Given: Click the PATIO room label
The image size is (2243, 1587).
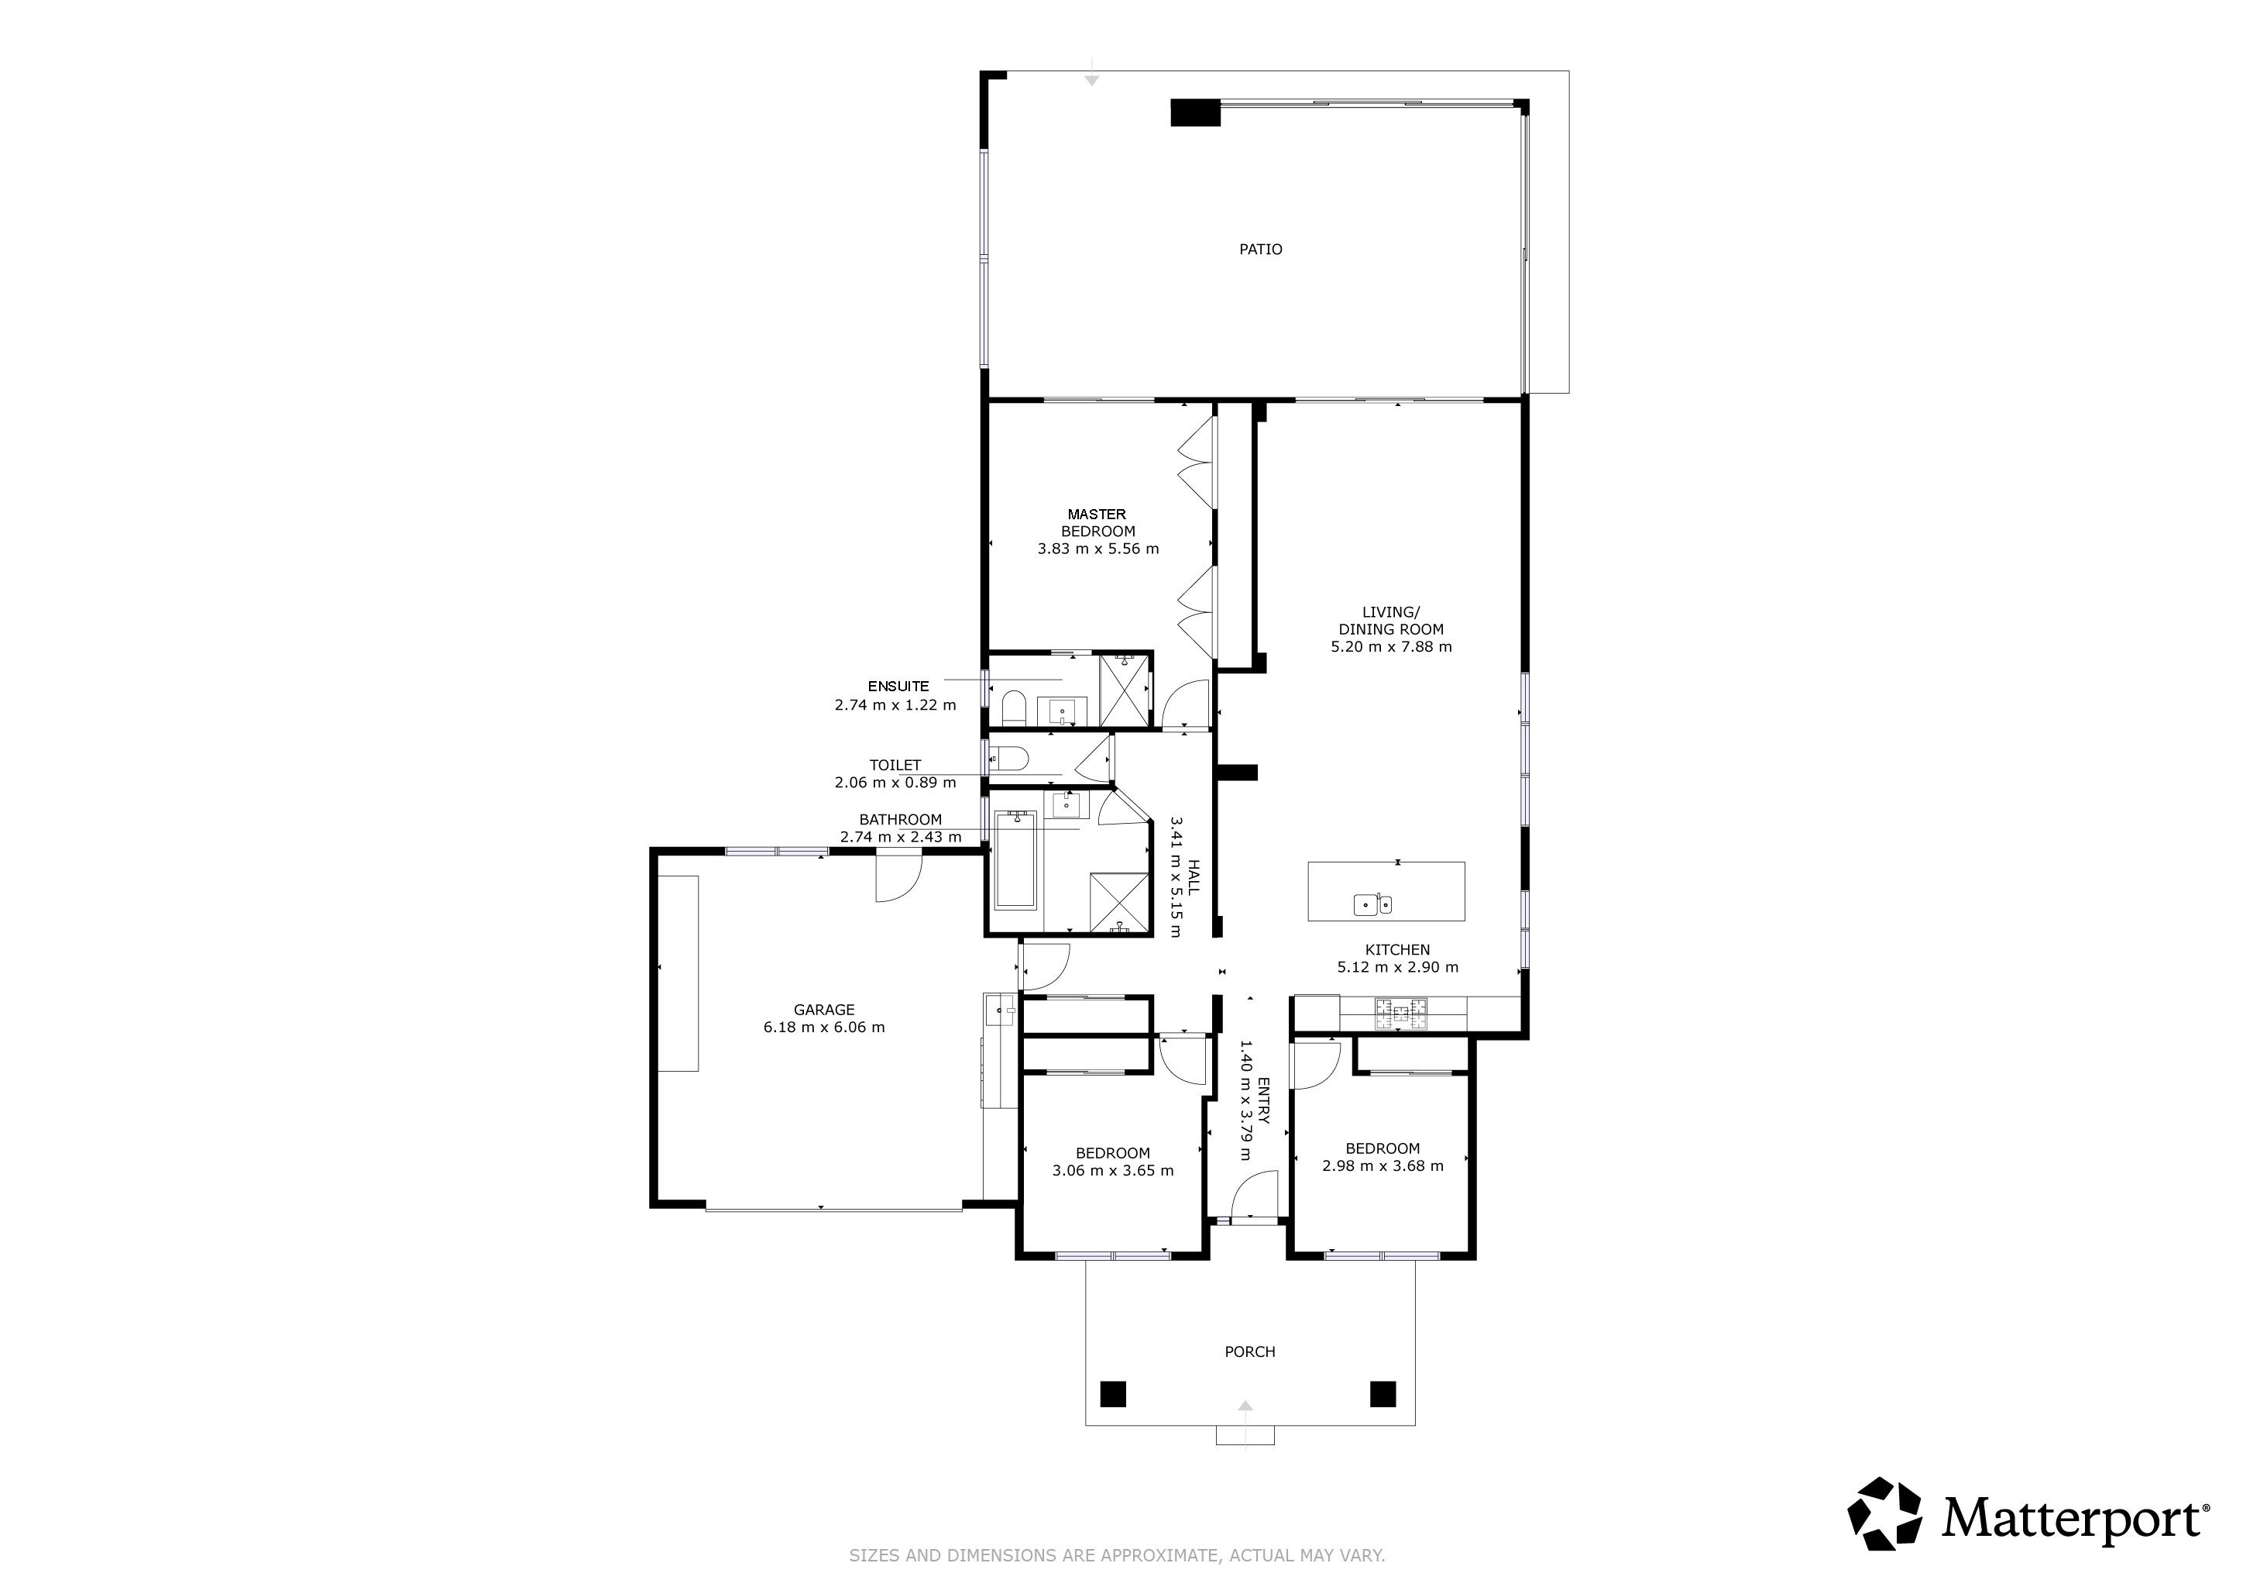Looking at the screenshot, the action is (1260, 250).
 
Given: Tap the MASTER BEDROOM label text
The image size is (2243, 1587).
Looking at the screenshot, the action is (1097, 523).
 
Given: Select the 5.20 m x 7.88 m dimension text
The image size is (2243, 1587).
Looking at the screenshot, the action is (1391, 647).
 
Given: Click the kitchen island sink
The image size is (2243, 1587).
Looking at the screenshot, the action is (1372, 905).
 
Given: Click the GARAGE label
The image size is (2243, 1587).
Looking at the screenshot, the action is (823, 1010).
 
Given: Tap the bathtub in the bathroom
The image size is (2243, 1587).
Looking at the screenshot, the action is (1015, 860).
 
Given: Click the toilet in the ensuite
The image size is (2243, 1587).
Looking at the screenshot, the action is (1013, 707).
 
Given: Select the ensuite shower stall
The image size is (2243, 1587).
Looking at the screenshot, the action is (1124, 690).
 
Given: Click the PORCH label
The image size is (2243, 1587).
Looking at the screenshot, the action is (1249, 1352).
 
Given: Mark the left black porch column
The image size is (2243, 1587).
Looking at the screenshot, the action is (1113, 1393).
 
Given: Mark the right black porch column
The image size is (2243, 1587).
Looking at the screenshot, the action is (1383, 1393).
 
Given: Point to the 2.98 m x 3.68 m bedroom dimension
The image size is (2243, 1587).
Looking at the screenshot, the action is (1383, 1165).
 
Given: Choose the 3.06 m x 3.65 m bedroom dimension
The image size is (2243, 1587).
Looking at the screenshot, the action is (1113, 1171).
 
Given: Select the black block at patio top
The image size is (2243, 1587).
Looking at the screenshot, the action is (1196, 113).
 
